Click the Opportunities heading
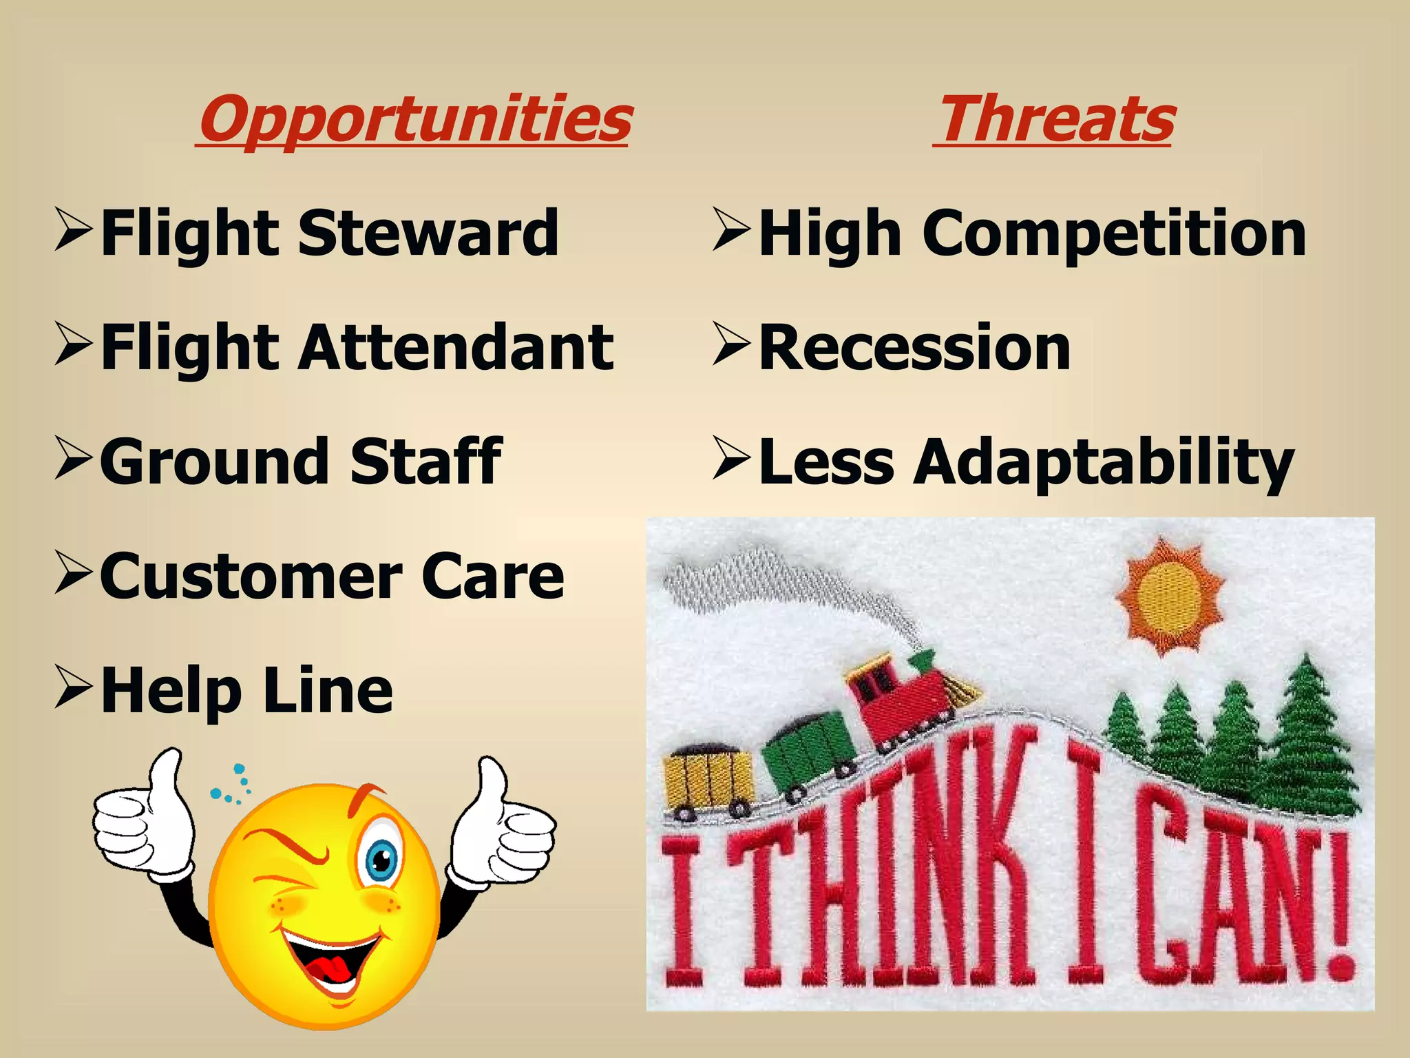pyautogui.click(x=415, y=118)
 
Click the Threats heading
pyautogui.click(x=1056, y=118)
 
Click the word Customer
pyautogui.click(x=251, y=577)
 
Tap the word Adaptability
pyautogui.click(x=1104, y=463)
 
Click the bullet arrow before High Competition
pyautogui.click(x=732, y=229)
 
